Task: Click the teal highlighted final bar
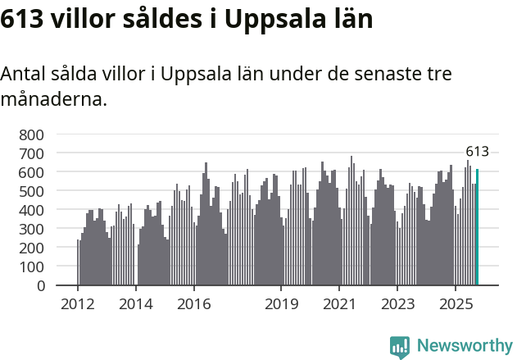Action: pyautogui.click(x=477, y=228)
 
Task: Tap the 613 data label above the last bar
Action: pyautogui.click(x=477, y=152)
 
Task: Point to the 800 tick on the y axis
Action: pyautogui.click(x=34, y=134)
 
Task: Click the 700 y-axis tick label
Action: pyautogui.click(x=34, y=153)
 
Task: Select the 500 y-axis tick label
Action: pyautogui.click(x=34, y=191)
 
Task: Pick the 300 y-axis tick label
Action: pyautogui.click(x=34, y=229)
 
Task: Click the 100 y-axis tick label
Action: pyautogui.click(x=34, y=267)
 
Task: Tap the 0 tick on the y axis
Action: pyautogui.click(x=41, y=286)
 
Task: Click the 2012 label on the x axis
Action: pyautogui.click(x=78, y=304)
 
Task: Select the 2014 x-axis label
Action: pyautogui.click(x=135, y=304)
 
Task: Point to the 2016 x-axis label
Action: pyautogui.click(x=193, y=304)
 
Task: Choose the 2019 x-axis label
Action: pyautogui.click(x=281, y=304)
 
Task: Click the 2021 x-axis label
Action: pyautogui.click(x=339, y=304)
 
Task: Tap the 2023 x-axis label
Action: pyautogui.click(x=397, y=304)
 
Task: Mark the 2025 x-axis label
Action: pyautogui.click(x=456, y=304)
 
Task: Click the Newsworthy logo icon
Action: pyautogui.click(x=400, y=346)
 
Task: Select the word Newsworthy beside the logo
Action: pyautogui.click(x=464, y=346)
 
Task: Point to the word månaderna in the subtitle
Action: pyautogui.click(x=53, y=101)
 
